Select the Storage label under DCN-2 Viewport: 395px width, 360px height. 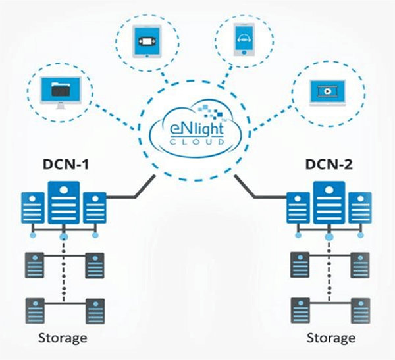(x=330, y=338)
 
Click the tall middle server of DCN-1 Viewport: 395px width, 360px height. (x=64, y=203)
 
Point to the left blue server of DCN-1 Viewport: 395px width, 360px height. (x=32, y=209)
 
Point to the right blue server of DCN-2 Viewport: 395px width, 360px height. (x=359, y=209)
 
